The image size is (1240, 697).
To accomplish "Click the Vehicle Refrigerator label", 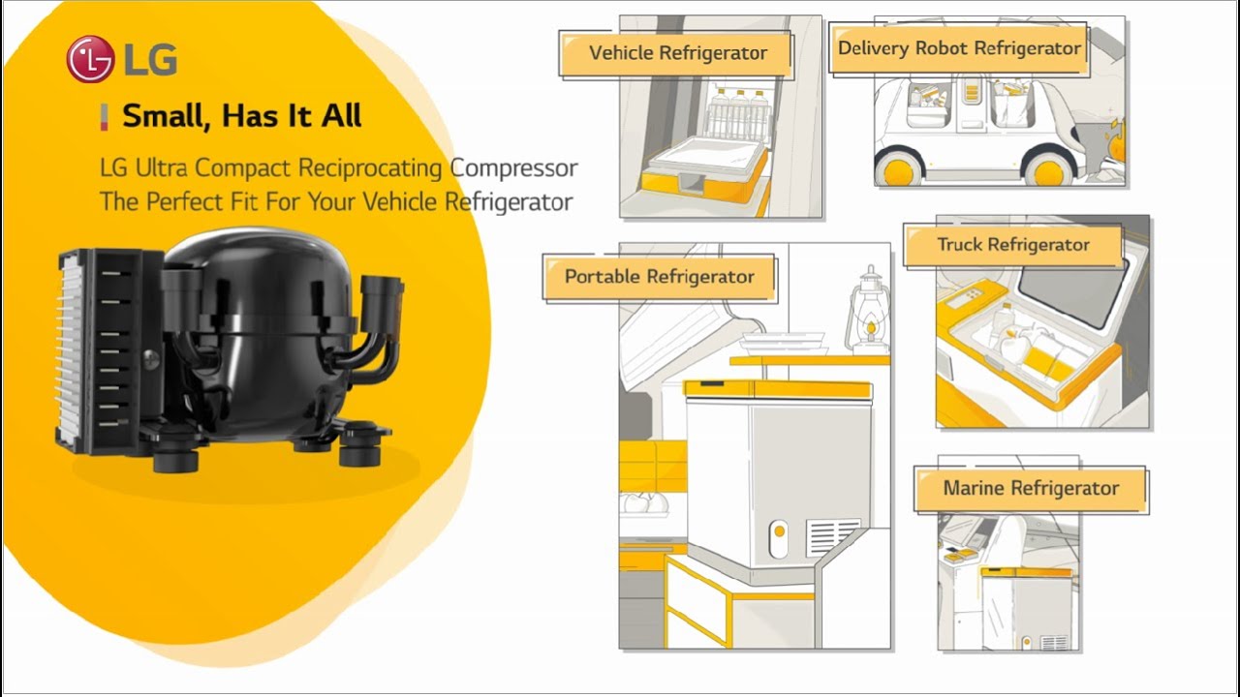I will click(677, 53).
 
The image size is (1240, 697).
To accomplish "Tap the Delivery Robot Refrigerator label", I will click(959, 48).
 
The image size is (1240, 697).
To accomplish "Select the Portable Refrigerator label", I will click(659, 277).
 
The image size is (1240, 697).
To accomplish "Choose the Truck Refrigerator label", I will click(1012, 245).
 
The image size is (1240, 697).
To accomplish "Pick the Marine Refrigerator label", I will click(1031, 489).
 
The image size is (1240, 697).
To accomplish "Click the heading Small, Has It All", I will click(241, 116).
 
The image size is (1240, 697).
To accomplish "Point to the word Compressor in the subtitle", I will click(513, 167).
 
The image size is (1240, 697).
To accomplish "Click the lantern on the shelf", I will click(869, 314).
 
